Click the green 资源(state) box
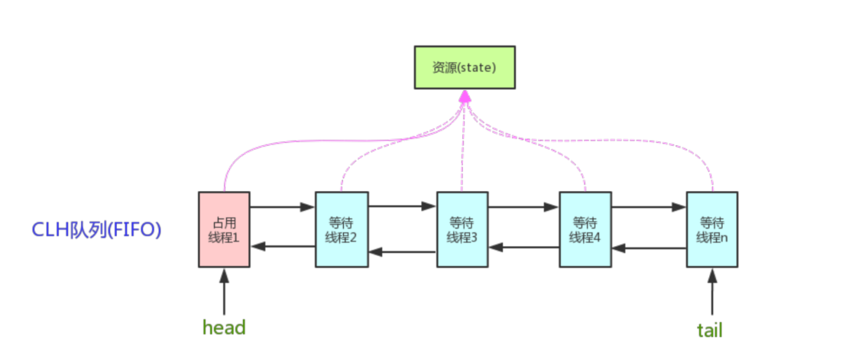click(465, 66)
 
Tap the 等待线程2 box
click(342, 229)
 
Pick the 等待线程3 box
click(462, 229)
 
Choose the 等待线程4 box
click(585, 229)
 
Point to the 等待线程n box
click(712, 229)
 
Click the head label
click(224, 328)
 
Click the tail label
click(709, 329)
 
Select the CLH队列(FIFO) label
click(96, 230)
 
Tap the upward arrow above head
click(225, 289)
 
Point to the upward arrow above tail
click(712, 289)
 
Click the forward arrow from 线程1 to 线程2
click(283, 206)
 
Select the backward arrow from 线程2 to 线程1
click(283, 246)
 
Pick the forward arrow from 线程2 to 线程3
click(402, 206)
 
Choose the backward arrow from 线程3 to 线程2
click(402, 252)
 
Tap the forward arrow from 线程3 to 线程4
click(523, 206)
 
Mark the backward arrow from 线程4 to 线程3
click(523, 246)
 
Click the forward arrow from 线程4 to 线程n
click(649, 206)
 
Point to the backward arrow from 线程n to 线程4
click(649, 248)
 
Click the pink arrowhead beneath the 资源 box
click(465, 96)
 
